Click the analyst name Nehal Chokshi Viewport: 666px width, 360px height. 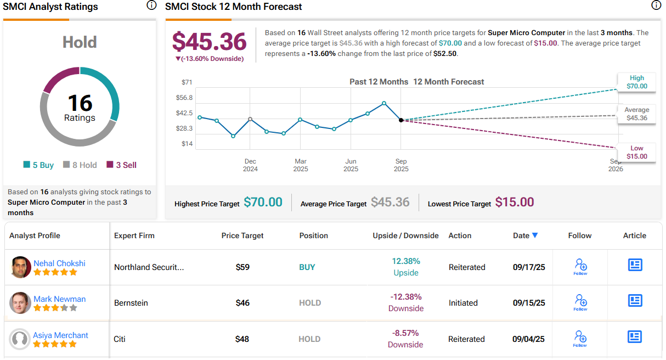pos(59,263)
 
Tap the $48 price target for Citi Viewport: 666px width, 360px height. pos(242,339)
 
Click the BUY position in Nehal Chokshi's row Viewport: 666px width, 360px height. pos(307,267)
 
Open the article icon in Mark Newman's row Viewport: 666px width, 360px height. pos(635,301)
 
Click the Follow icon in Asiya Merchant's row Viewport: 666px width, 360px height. pos(580,337)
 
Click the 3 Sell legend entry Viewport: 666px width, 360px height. pos(121,165)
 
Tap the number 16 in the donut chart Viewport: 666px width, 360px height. pos(80,103)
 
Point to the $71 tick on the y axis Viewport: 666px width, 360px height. pos(187,82)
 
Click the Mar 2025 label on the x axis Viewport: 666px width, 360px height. pos(301,165)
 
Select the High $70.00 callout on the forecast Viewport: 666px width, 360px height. pos(637,82)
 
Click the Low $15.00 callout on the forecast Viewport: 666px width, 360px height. pos(637,153)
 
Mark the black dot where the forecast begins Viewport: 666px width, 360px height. pos(401,120)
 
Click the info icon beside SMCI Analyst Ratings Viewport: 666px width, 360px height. pos(151,5)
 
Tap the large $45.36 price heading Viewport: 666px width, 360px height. pos(209,42)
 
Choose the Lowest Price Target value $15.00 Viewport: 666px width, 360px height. pos(514,203)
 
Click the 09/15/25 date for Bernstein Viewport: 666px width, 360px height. pos(529,303)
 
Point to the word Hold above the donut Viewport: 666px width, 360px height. pos(80,42)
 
